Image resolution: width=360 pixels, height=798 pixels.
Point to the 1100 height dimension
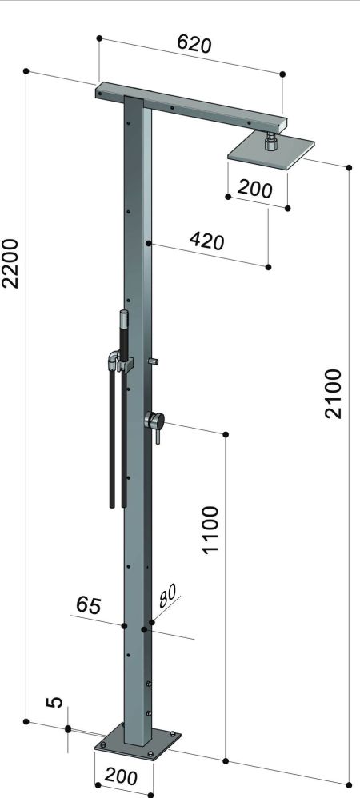coord(210,529)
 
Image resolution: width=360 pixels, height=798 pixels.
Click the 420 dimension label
coord(206,240)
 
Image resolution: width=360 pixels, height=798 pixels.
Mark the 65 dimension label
coord(89,605)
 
